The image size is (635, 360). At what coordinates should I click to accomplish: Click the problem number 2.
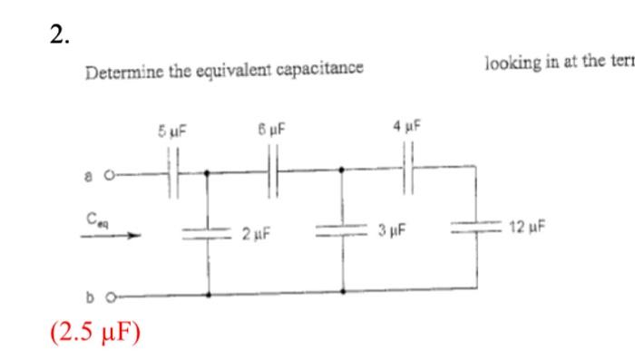pos(59,35)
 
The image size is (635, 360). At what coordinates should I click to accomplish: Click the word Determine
pos(115,72)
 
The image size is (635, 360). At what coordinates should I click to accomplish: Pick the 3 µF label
pos(391,232)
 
